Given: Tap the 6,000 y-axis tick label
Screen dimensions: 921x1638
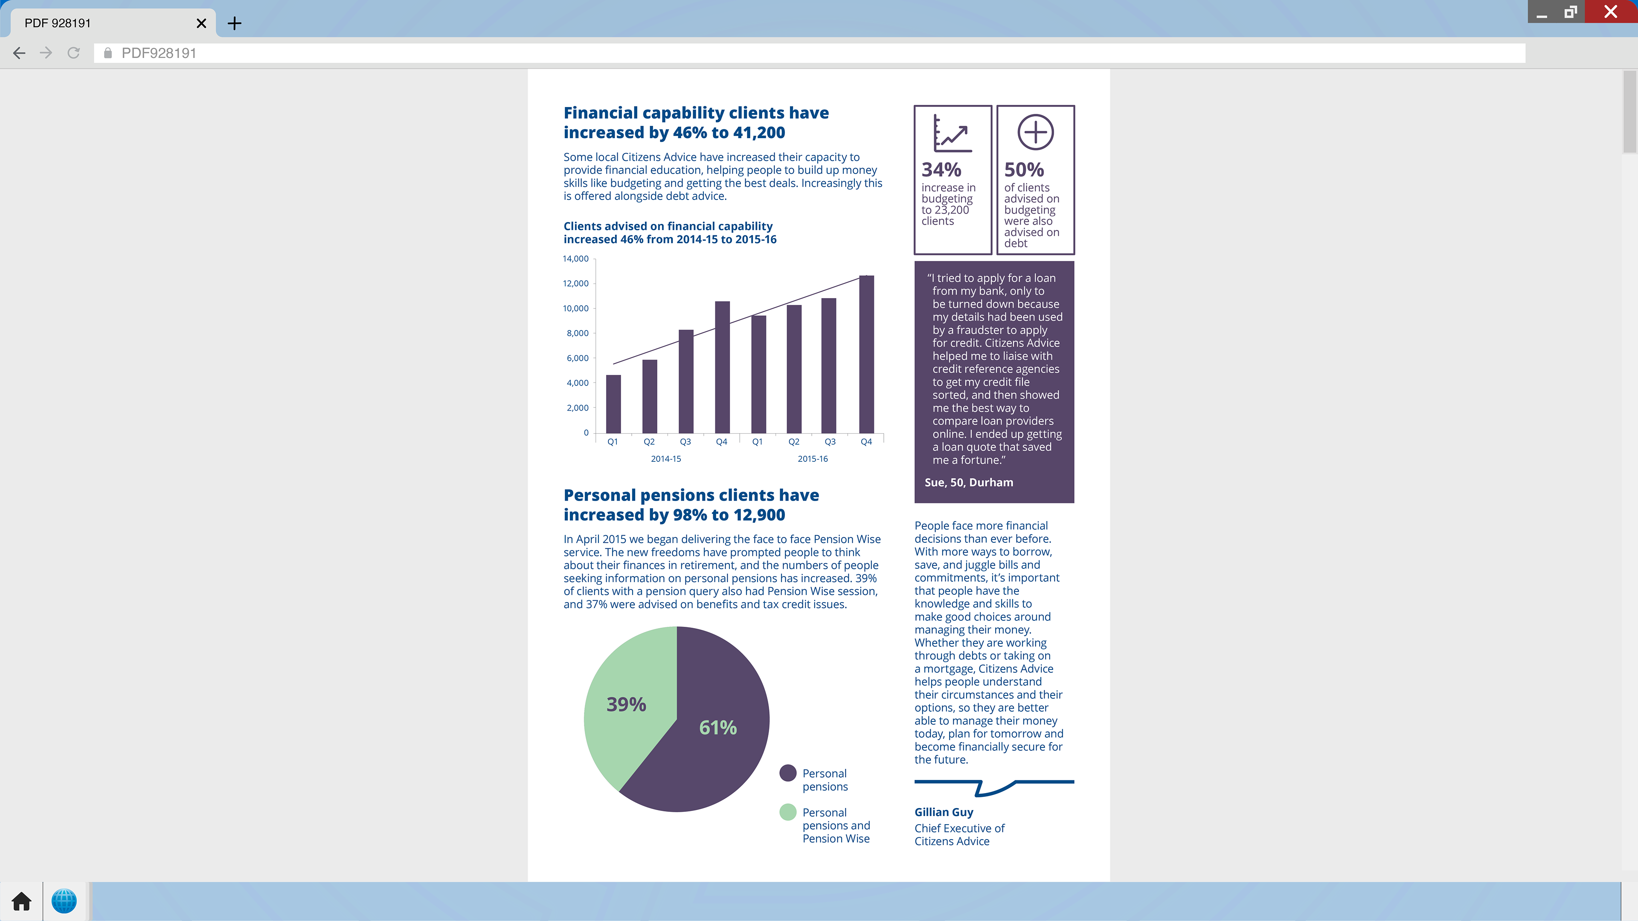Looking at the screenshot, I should (578, 358).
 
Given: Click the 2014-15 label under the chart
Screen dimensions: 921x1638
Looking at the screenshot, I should (666, 459).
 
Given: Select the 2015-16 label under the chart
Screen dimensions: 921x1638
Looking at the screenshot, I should (813, 459).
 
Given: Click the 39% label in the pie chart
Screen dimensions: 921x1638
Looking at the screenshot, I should (626, 704).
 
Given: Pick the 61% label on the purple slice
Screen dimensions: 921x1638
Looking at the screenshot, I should (718, 727).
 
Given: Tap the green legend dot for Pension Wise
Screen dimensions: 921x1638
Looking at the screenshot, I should (788, 812).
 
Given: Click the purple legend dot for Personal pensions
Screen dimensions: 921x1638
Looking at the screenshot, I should (788, 773).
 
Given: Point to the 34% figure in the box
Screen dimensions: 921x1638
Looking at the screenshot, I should (941, 170).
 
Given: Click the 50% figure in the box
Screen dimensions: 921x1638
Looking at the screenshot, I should (1024, 170).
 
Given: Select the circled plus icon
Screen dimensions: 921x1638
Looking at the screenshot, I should (1035, 132).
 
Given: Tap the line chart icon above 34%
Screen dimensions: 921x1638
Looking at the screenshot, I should (952, 133).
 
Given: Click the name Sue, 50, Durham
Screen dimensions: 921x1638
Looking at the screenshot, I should (968, 482).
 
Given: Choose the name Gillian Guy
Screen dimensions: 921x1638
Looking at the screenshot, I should (944, 812).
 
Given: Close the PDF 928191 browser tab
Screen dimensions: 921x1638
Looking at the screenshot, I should (201, 23).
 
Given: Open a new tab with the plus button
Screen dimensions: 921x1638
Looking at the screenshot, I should (235, 23).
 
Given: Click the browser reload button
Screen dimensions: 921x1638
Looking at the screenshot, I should (74, 53).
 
